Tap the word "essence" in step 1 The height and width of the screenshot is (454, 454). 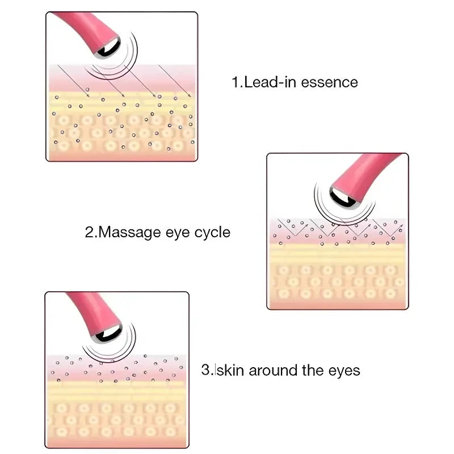(x=329, y=82)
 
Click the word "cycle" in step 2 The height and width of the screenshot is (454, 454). (x=212, y=232)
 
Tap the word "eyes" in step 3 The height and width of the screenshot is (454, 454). (x=344, y=371)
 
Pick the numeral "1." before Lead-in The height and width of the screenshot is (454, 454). (x=237, y=82)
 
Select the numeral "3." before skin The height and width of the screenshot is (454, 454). (x=207, y=371)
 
